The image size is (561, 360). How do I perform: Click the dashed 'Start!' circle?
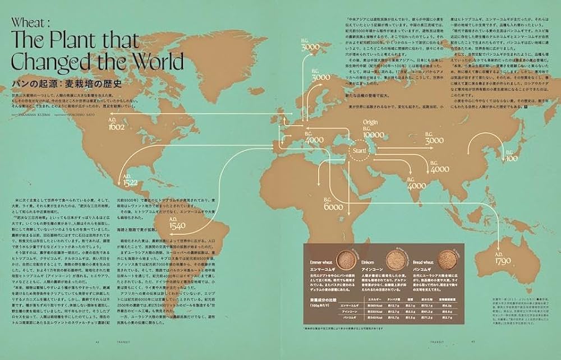(360, 151)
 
